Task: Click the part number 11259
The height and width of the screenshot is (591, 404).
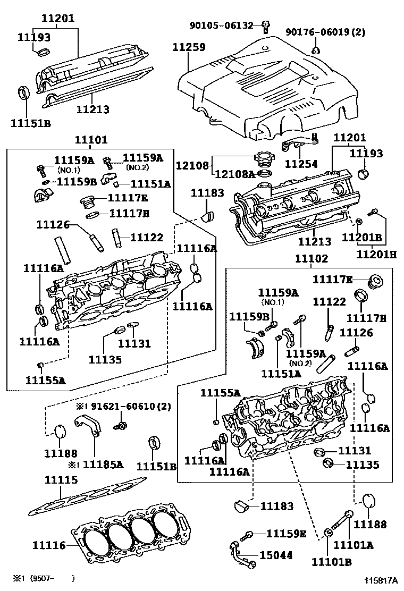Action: [188, 47]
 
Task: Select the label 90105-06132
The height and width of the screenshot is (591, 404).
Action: [225, 24]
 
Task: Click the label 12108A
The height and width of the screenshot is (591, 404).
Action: [234, 173]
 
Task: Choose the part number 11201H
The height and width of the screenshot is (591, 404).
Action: [376, 254]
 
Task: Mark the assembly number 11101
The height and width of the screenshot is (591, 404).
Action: [91, 140]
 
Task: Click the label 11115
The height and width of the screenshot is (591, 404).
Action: [61, 480]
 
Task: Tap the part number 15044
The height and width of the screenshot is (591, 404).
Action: [275, 555]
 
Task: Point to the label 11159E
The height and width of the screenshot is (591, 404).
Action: [286, 534]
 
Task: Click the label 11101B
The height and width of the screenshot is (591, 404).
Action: [331, 562]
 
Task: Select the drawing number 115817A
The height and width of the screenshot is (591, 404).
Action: [381, 581]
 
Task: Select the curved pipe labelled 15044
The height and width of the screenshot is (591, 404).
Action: [239, 553]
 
